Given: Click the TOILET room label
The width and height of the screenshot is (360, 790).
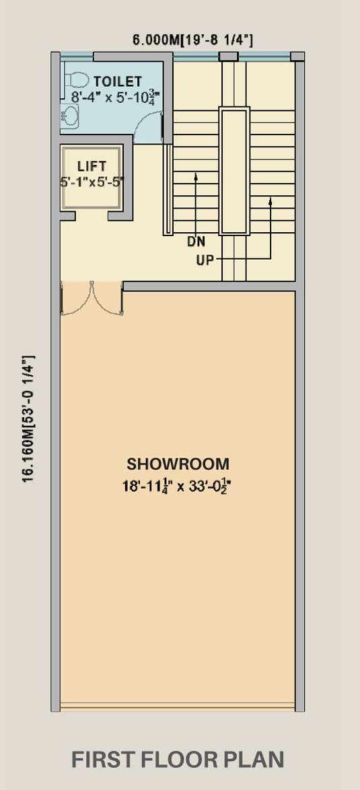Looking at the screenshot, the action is click(x=117, y=81).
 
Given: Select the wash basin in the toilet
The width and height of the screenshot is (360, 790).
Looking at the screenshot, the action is click(x=69, y=116).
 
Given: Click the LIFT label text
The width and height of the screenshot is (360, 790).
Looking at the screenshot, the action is click(x=92, y=166).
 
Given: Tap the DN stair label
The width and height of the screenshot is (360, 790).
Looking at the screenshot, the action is click(x=196, y=242).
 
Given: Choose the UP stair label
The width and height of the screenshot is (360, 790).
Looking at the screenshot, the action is click(x=205, y=260).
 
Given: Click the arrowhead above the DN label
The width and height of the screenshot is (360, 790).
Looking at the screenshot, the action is click(x=196, y=176).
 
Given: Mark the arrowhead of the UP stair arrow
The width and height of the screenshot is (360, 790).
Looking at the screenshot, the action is click(x=271, y=201).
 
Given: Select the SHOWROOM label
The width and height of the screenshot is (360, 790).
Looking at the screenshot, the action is click(x=178, y=464).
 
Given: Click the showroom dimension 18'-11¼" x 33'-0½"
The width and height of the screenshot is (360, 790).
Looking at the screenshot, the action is click(x=179, y=487).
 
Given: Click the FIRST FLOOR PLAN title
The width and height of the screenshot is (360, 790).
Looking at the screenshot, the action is click(x=177, y=759).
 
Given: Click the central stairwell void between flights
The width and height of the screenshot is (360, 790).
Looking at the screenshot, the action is click(x=234, y=171).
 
